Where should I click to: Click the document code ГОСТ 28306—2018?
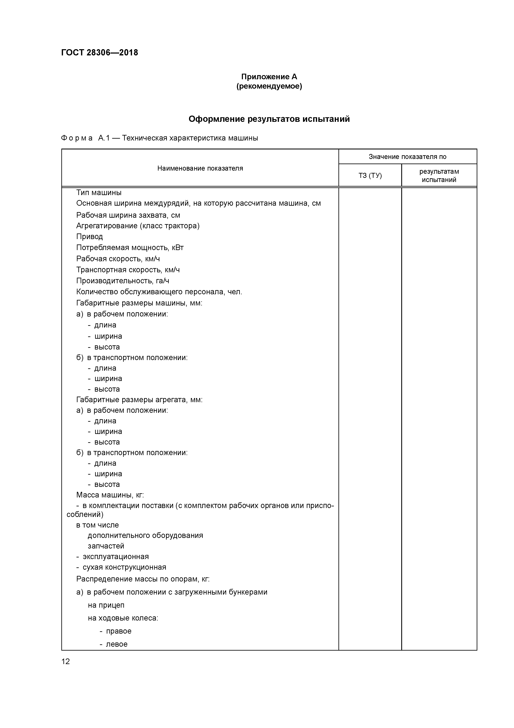[x=99, y=53]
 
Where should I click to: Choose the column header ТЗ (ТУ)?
[x=370, y=176]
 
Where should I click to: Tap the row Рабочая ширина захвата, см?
[x=128, y=215]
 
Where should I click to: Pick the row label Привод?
[x=90, y=237]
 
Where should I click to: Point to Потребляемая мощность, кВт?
[x=130, y=248]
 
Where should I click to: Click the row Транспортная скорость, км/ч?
[x=128, y=270]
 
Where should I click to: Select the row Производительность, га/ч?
[x=122, y=281]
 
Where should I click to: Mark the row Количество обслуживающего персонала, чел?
[x=159, y=292]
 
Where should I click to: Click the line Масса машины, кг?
[x=110, y=495]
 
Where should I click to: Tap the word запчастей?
[x=106, y=546]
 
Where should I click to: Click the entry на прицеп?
[x=106, y=605]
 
